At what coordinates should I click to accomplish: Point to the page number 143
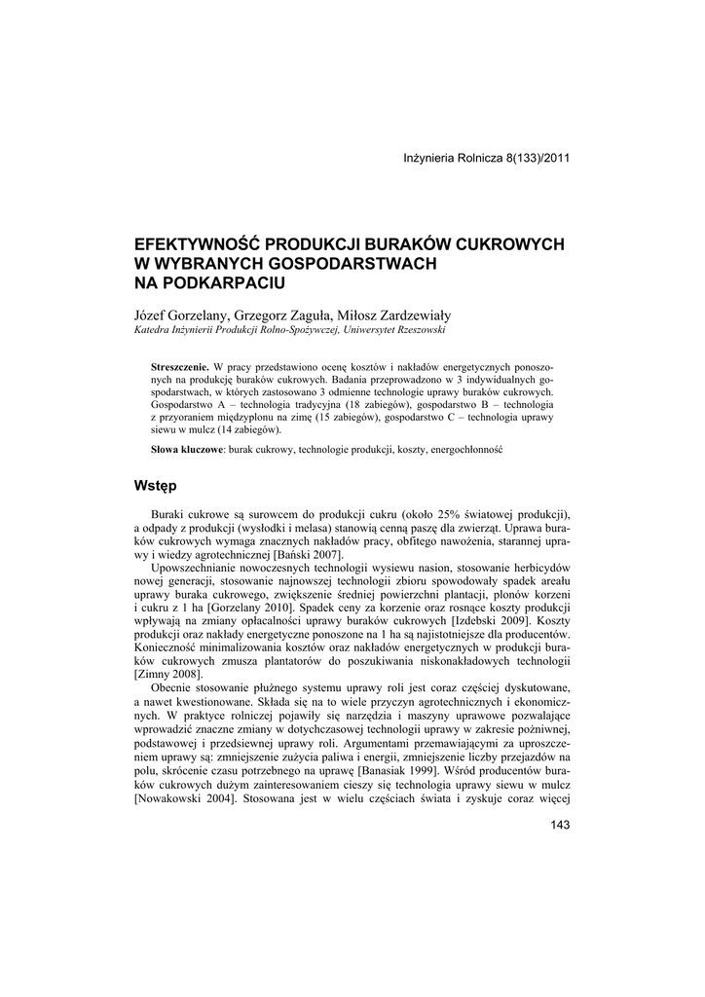(x=559, y=826)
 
